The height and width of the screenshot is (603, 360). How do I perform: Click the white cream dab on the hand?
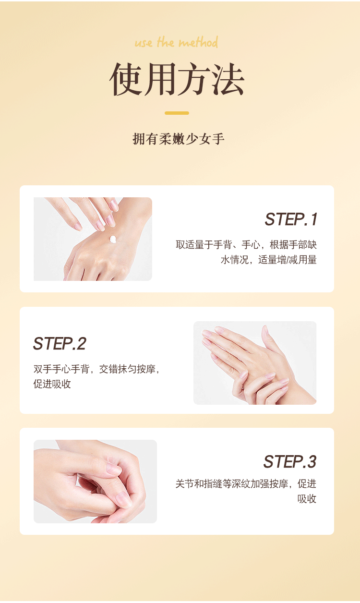click(113, 239)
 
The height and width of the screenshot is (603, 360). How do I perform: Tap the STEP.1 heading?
click(291, 219)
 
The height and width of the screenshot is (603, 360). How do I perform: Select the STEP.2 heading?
click(60, 343)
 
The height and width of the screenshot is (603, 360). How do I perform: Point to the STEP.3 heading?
click(290, 462)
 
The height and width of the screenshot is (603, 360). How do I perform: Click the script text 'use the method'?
click(176, 42)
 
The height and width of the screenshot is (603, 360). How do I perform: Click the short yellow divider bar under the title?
click(177, 113)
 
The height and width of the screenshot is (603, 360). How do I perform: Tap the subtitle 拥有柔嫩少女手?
click(179, 139)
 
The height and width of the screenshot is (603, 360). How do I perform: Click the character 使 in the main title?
click(126, 79)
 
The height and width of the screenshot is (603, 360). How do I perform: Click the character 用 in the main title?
click(160, 79)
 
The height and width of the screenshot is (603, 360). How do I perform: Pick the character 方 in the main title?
click(194, 79)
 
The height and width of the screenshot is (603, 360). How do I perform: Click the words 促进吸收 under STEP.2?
click(52, 384)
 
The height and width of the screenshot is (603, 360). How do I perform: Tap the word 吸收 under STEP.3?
click(307, 499)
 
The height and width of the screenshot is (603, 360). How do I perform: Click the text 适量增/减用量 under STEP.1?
click(288, 260)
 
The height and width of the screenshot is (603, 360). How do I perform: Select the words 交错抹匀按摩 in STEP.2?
click(127, 369)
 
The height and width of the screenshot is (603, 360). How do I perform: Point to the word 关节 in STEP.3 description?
click(185, 484)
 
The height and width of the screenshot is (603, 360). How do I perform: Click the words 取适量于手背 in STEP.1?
click(204, 245)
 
